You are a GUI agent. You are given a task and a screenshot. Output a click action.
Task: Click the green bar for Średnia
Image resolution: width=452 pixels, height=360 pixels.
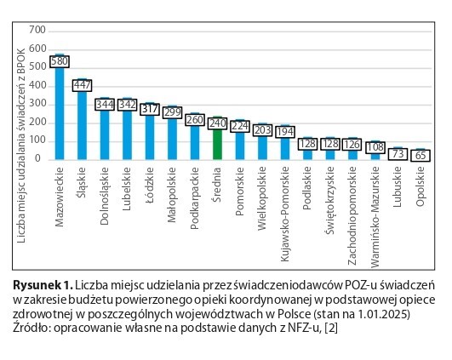[217, 144]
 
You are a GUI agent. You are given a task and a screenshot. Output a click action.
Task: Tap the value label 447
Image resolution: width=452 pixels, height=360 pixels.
[83, 85]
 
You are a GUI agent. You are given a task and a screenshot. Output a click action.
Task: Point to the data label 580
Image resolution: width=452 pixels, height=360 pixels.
[60, 61]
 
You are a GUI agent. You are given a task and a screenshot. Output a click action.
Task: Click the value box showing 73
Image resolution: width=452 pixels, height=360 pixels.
[398, 154]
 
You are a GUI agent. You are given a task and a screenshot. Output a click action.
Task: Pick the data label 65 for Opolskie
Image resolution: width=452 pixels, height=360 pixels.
[421, 156]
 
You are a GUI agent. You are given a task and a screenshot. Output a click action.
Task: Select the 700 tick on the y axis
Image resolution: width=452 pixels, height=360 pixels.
[37, 30]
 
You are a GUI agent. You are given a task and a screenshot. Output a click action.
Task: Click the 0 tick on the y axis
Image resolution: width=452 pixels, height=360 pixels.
[37, 158]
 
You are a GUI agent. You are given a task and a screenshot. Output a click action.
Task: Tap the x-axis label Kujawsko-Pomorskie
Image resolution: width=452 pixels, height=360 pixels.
[285, 214]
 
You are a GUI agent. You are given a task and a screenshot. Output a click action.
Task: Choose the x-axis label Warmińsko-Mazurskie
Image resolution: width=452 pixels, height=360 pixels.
[375, 217]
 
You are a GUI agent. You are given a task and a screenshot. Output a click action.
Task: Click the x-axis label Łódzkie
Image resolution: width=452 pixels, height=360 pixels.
[150, 185]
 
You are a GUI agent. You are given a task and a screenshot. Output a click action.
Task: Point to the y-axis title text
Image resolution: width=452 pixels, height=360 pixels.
[21, 146]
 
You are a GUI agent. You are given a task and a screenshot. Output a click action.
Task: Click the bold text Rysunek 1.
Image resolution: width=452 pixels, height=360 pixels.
[42, 285]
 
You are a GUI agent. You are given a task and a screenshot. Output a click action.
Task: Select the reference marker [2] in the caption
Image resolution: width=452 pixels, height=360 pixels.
[331, 328]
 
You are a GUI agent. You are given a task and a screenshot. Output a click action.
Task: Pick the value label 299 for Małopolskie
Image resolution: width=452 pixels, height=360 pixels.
[172, 112]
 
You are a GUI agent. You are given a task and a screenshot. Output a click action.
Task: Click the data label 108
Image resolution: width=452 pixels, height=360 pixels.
[375, 147]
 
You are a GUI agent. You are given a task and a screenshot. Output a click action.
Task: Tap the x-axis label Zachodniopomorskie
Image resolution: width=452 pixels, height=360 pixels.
[352, 215]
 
